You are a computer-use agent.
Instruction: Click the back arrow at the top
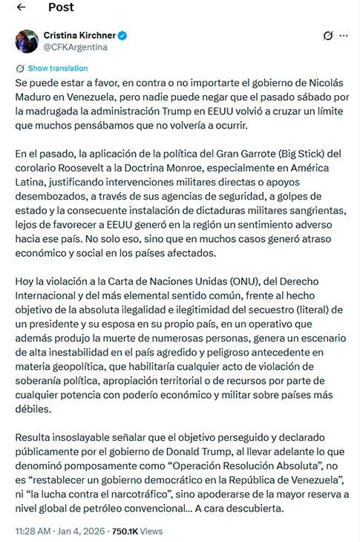point(21,7)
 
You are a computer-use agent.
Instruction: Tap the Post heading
point(61,7)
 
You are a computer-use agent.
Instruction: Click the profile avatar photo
point(27,41)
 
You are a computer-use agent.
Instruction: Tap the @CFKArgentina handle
point(76,47)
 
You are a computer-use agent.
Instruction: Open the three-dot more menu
point(343,36)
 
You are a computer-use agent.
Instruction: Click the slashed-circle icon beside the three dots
point(327,36)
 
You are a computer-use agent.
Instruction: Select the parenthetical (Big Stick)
point(304,154)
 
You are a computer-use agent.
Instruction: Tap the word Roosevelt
point(68,168)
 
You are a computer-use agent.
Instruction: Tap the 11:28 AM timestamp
point(33,532)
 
